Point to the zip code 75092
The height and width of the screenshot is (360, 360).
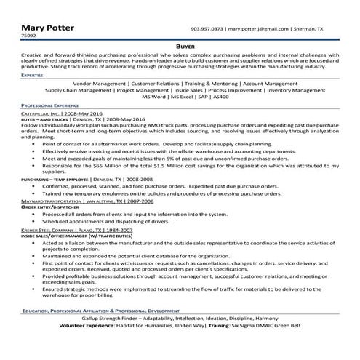click(28, 36)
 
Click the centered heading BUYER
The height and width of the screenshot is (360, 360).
click(180, 44)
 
